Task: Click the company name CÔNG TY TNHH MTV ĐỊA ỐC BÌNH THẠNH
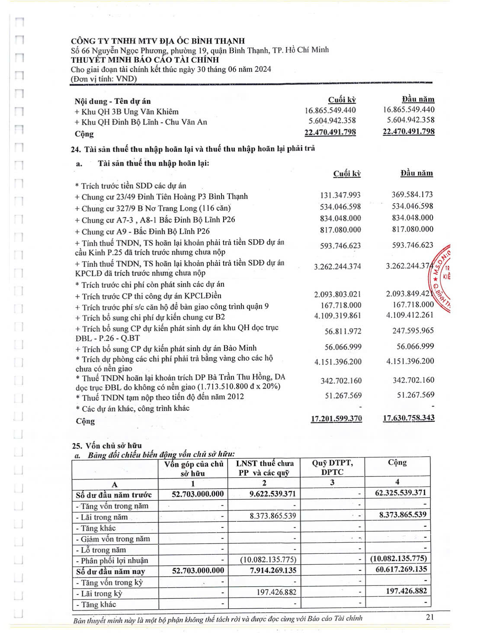tap(158, 41)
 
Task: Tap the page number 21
tap(430, 617)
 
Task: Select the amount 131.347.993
tap(340, 195)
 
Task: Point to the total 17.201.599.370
tap(336, 419)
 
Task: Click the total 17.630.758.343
tap(408, 418)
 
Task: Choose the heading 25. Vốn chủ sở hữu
tap(107, 445)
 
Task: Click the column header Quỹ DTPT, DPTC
tap(332, 467)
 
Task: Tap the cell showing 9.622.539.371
tap(273, 494)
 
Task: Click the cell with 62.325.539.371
tap(401, 492)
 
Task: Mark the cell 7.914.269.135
tap(273, 570)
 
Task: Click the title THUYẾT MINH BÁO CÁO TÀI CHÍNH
tap(145, 60)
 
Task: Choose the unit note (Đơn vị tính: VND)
tap(104, 79)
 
